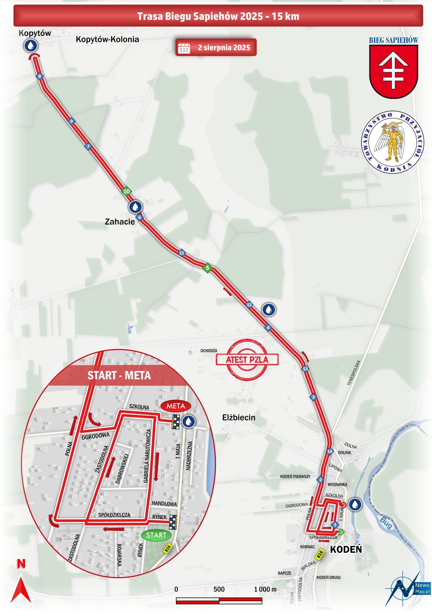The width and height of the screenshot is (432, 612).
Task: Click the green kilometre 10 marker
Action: point(126,191)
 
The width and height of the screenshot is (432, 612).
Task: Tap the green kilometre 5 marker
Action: point(207,268)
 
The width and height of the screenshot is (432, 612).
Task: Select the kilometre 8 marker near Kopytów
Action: point(40,76)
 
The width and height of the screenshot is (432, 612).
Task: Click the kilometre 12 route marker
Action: point(249,304)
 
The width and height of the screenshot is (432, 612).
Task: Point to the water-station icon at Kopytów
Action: point(31,46)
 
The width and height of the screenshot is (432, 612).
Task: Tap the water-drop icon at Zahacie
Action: point(135,207)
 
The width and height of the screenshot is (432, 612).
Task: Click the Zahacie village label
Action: point(120,222)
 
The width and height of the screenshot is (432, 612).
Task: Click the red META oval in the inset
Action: point(176,406)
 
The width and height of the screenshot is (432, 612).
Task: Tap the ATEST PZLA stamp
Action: point(247,360)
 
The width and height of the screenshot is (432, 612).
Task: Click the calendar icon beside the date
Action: point(184,48)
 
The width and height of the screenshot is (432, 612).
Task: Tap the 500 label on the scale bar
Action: point(219,589)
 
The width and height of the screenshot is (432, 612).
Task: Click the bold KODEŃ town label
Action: point(346,549)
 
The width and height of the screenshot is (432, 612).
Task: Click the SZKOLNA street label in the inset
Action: point(139,407)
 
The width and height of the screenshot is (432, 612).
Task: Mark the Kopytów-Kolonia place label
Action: point(107,39)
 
